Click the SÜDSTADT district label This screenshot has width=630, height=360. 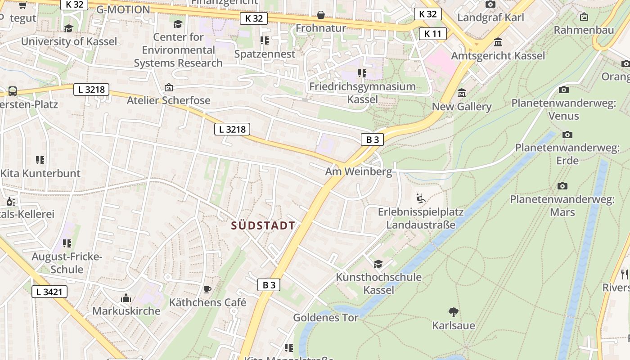pyautogui.click(x=263, y=226)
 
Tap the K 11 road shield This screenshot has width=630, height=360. pyautogui.click(x=433, y=34)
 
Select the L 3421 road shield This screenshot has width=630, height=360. pyautogui.click(x=49, y=292)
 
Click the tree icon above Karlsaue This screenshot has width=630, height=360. pyautogui.click(x=454, y=312)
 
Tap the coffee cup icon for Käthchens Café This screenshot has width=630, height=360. pyautogui.click(x=207, y=289)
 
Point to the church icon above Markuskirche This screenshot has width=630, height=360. pyautogui.click(x=126, y=298)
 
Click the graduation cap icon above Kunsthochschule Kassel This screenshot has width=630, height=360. pyautogui.click(x=378, y=264)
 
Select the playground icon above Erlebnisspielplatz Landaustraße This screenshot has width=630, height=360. pyautogui.click(x=420, y=198)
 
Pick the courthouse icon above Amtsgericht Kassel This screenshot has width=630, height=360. pyautogui.click(x=498, y=42)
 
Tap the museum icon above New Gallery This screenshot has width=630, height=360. pyautogui.click(x=462, y=94)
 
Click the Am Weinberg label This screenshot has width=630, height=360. pyautogui.click(x=359, y=172)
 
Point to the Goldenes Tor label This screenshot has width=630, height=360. pyautogui.click(x=326, y=318)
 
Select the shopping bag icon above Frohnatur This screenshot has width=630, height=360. pyautogui.click(x=321, y=15)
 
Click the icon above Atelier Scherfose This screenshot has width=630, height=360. pyautogui.click(x=169, y=87)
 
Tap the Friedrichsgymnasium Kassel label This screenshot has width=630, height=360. pyautogui.click(x=362, y=92)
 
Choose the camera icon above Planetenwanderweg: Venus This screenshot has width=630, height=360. pyautogui.click(x=564, y=90)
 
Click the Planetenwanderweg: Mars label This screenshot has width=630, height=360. pyautogui.click(x=562, y=205)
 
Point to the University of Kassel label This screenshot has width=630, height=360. pyautogui.click(x=69, y=41)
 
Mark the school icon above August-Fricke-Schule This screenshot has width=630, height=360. pyautogui.click(x=67, y=243)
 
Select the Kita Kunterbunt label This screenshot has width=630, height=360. pyautogui.click(x=40, y=173)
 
